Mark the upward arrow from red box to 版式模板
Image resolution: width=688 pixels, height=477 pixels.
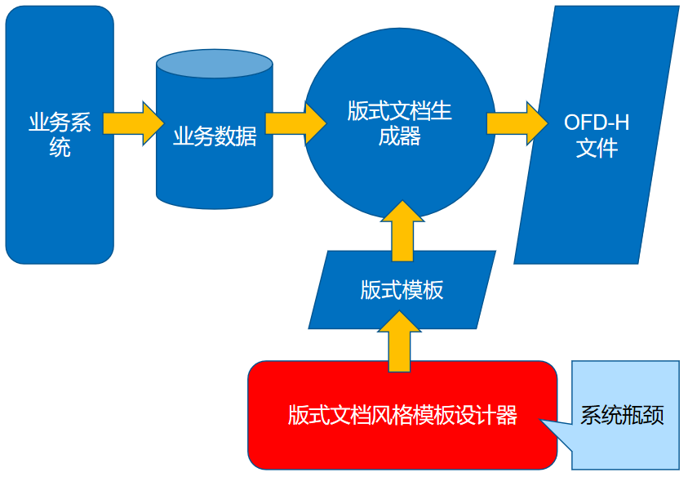click(402, 341)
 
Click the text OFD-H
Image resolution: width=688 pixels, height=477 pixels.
click(597, 123)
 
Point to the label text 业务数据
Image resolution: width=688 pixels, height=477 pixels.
click(215, 136)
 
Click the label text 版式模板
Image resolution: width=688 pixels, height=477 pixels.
click(402, 290)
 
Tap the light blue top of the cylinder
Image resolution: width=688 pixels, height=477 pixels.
click(214, 64)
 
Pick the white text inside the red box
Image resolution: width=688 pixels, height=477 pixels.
click(402, 415)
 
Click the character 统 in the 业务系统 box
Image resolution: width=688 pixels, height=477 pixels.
click(60, 148)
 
